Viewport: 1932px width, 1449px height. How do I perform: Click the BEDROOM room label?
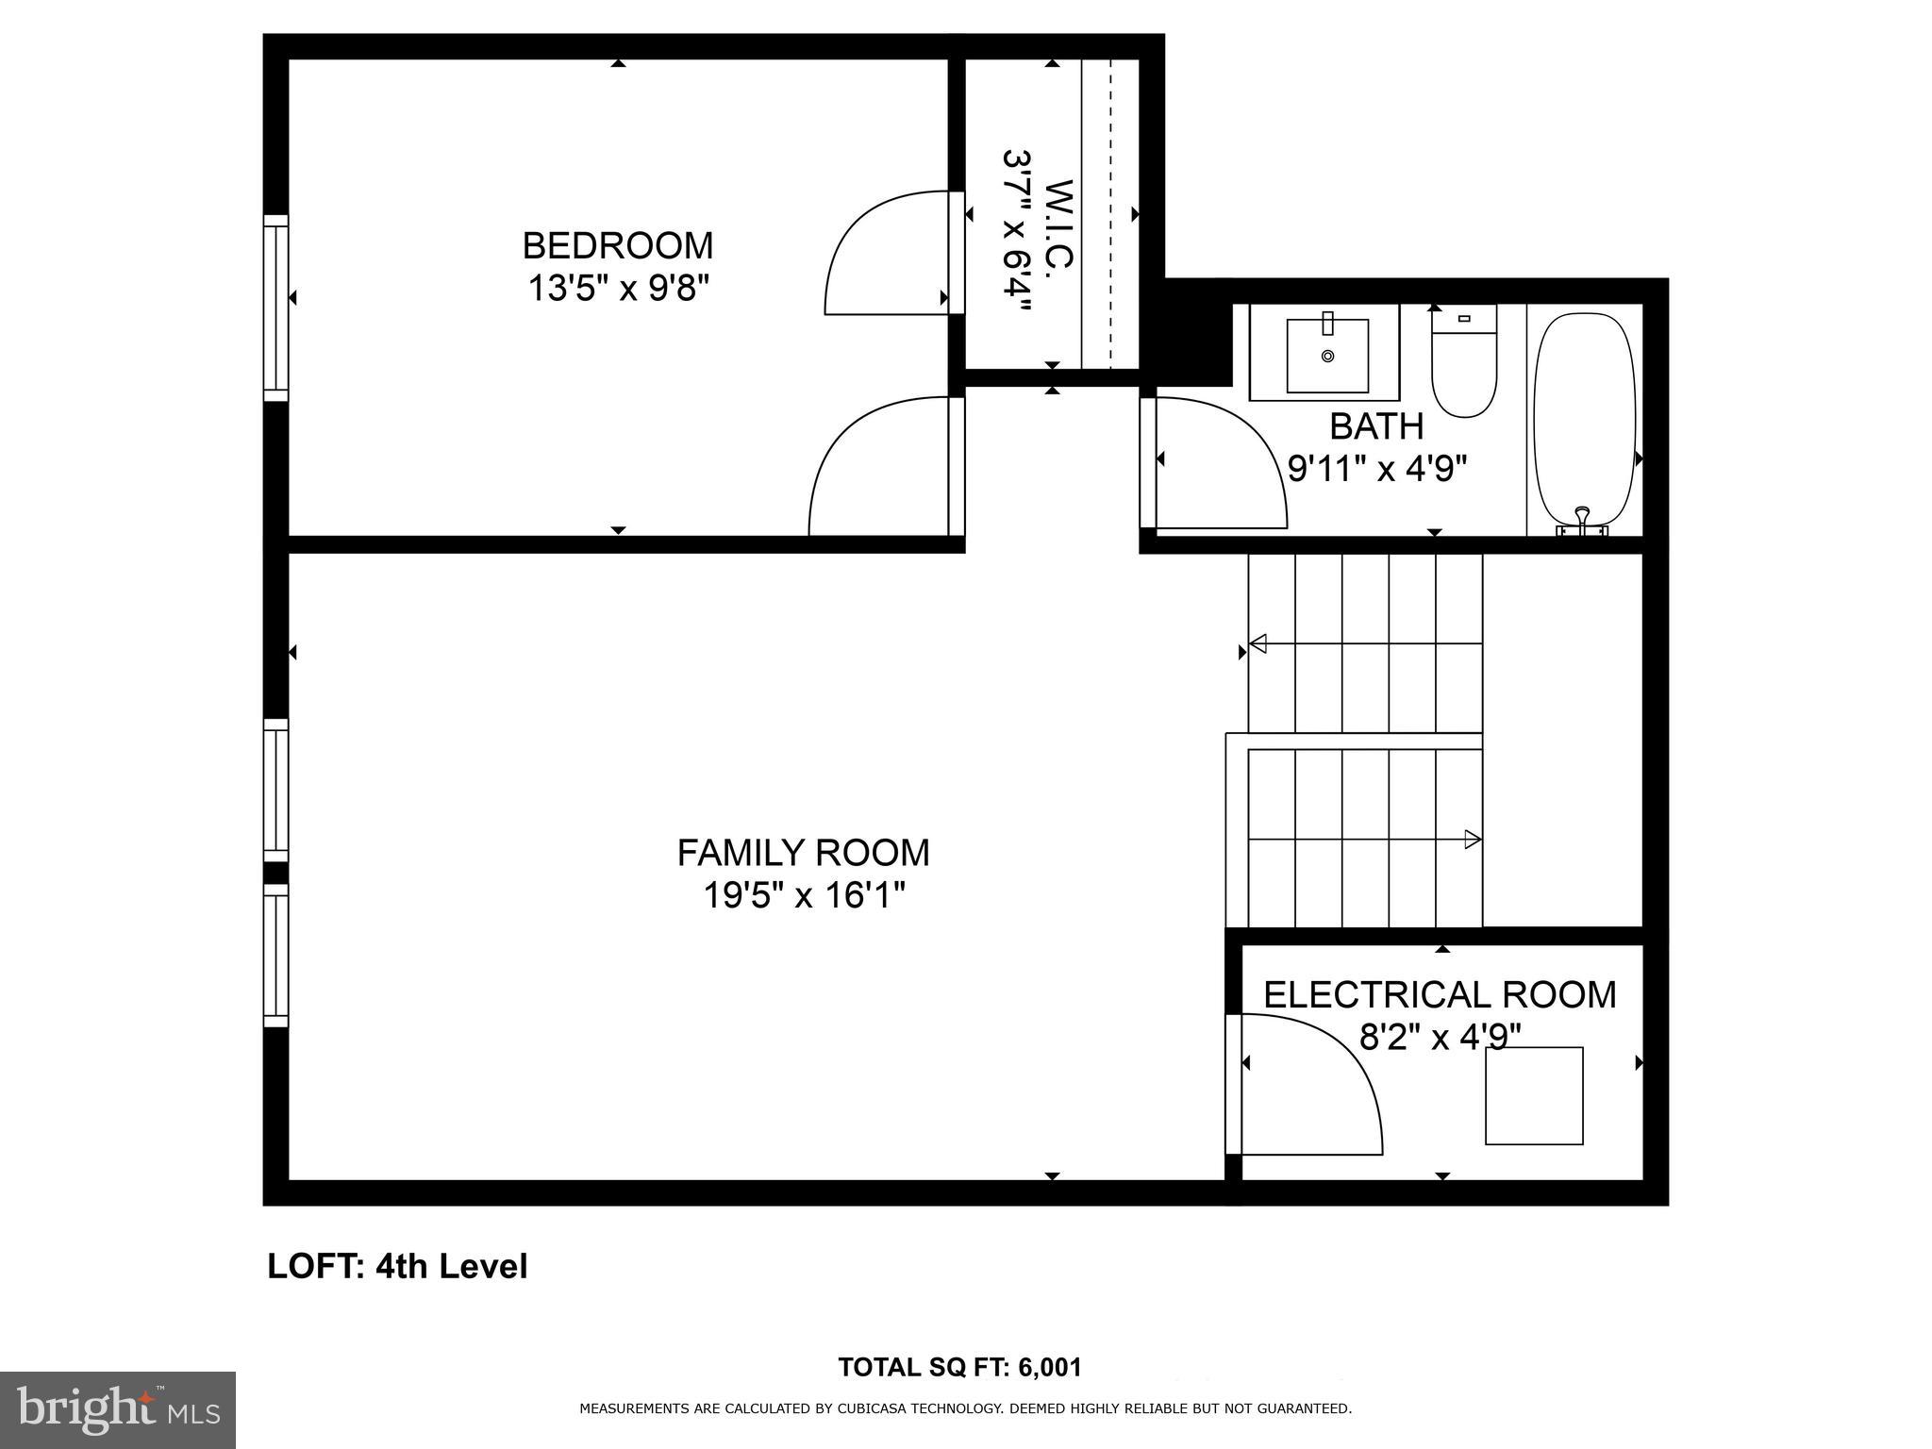pos(618,245)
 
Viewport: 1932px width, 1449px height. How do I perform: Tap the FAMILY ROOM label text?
pos(803,853)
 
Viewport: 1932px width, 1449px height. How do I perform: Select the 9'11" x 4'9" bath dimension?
pos(1377,468)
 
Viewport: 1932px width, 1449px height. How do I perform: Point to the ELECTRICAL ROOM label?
pos(1440,995)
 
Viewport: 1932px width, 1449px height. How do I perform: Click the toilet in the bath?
pos(1463,363)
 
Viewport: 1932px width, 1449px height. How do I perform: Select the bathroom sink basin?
pos(1327,355)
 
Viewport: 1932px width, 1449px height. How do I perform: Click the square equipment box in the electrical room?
pos(1534,1095)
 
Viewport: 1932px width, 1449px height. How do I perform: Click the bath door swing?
pos(1217,462)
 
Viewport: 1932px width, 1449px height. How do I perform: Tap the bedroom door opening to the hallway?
pos(882,467)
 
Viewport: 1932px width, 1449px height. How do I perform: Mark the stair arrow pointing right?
pos(1471,839)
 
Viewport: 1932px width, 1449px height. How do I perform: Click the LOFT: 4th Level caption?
pos(397,1266)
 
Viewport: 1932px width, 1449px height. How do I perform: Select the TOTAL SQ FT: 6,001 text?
pos(959,1367)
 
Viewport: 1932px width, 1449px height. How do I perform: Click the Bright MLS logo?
pos(118,1409)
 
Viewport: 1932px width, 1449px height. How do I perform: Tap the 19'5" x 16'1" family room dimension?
pos(803,894)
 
